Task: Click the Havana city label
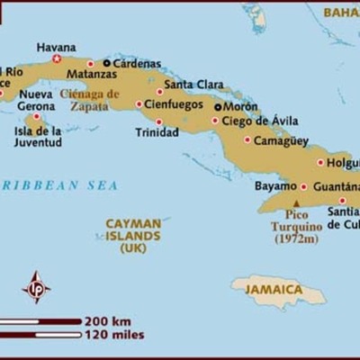pos(56,47)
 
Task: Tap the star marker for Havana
pos(57,59)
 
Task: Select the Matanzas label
pos(67,75)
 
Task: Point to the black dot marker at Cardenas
pos(106,63)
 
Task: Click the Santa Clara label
pos(193,85)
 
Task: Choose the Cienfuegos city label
pos(172,103)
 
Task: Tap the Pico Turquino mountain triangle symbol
pos(296,202)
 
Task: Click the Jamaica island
pos(277,290)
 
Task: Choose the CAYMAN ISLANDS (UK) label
pos(133,234)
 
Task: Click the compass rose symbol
pos(36,287)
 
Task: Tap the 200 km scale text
pos(109,320)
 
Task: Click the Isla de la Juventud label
pos(38,136)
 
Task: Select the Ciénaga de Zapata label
pos(89,99)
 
